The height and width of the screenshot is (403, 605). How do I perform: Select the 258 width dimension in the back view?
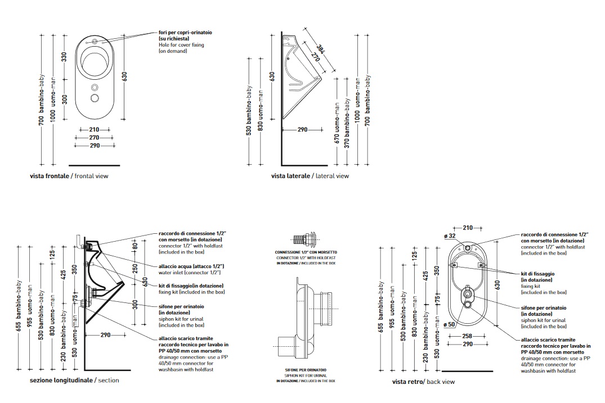coord(467,336)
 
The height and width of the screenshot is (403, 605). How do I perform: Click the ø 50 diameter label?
coord(449,324)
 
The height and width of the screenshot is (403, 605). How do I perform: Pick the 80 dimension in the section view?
coord(135,245)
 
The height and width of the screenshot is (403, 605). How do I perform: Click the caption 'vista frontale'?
coord(50,176)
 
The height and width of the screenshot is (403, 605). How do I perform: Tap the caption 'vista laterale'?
coord(290,176)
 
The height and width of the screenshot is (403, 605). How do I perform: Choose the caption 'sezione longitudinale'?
coord(61,381)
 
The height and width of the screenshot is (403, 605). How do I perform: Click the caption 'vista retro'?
coord(408,382)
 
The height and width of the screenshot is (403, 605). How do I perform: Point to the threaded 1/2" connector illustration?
coord(306,240)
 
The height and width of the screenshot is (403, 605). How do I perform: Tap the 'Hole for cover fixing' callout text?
coord(181,44)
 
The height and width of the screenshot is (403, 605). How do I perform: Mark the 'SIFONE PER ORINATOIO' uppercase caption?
coord(306,369)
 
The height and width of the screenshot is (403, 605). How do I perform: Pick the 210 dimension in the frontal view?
coord(94,129)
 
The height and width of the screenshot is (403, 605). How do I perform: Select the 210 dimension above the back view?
coord(468,228)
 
